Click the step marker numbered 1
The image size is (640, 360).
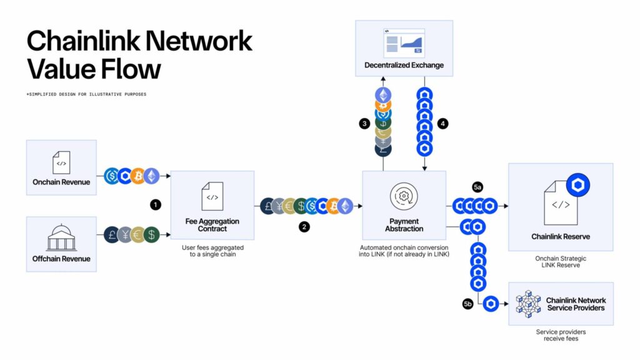click(x=156, y=204)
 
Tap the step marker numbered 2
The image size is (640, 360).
click(x=304, y=227)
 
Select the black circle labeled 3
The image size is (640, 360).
click(x=364, y=124)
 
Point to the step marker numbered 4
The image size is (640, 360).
click(x=443, y=124)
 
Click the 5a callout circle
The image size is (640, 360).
click(x=478, y=187)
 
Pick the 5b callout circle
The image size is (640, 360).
click(x=468, y=304)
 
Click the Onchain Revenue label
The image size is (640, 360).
click(x=61, y=182)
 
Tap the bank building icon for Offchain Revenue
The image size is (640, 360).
click(x=61, y=238)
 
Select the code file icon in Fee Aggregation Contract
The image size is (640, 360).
click(x=212, y=196)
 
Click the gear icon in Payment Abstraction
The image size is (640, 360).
click(x=404, y=196)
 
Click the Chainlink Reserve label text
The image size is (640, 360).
click(x=561, y=237)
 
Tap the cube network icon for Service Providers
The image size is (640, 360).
click(x=528, y=303)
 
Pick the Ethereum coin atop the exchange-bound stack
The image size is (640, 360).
click(x=383, y=95)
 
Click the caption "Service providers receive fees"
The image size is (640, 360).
click(x=561, y=335)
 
